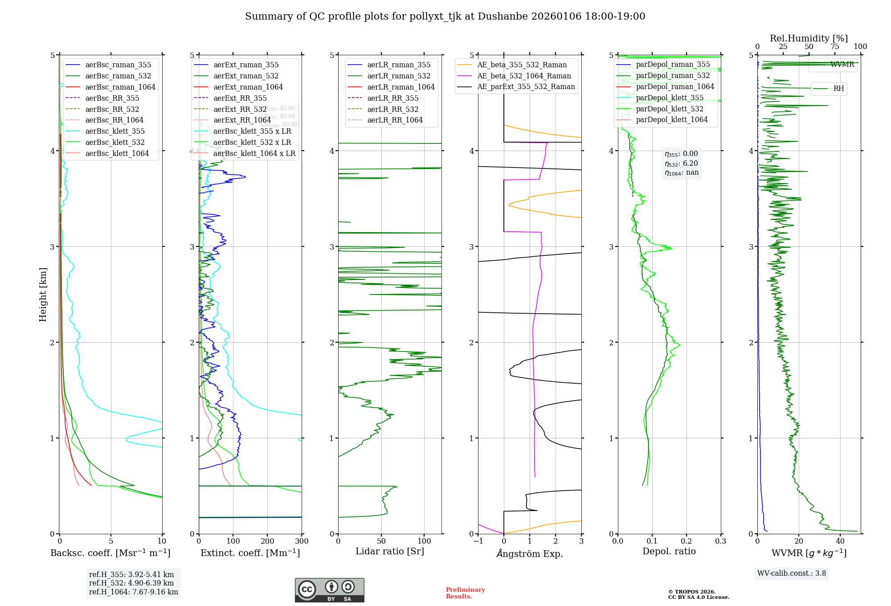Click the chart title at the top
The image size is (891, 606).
(445, 16)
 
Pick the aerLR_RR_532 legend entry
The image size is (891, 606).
(392, 109)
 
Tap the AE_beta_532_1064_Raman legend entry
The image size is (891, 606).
(524, 76)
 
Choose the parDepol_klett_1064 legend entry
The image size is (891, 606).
(671, 119)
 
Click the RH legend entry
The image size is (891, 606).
(838, 89)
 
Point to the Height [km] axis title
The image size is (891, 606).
(43, 294)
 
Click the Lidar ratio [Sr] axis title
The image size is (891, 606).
(390, 551)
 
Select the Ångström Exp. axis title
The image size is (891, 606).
(530, 553)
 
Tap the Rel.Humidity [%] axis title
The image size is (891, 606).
(809, 38)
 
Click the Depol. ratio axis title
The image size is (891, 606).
(669, 551)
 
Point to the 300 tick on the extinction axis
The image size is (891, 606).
(302, 541)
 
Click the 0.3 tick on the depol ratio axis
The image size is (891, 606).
(720, 541)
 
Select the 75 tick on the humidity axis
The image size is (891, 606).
(834, 47)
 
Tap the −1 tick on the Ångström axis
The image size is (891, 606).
(478, 541)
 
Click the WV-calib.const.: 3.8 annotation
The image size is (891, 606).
(792, 573)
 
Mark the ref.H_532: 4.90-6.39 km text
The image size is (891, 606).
(131, 583)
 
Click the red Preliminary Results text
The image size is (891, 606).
(465, 593)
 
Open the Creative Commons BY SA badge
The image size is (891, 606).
(329, 590)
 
